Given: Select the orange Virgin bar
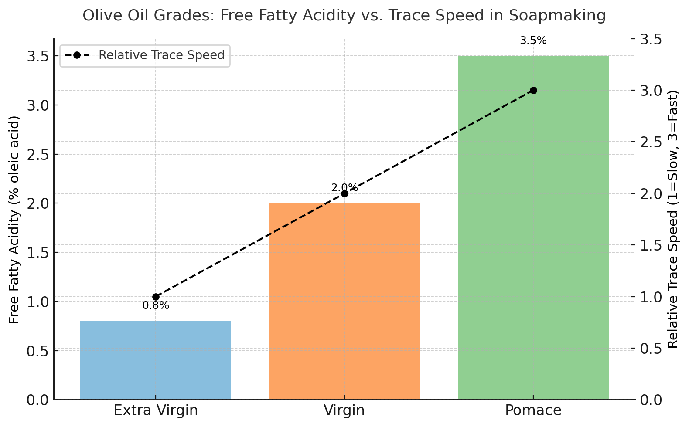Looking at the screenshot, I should tap(344, 301).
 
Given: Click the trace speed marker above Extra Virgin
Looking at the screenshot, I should tap(156, 297).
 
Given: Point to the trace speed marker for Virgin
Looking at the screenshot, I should tap(344, 193).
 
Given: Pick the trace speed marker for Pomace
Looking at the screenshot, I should tap(533, 90).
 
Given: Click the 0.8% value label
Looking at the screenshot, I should tap(156, 306).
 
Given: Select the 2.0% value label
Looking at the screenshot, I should tap(344, 188).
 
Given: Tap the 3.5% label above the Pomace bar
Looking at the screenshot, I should tap(533, 41).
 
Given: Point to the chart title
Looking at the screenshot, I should tap(344, 16).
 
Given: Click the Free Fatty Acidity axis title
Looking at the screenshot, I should tap(14, 220).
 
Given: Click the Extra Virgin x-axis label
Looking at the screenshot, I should tap(156, 410).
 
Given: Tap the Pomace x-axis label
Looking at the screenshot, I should tap(533, 410).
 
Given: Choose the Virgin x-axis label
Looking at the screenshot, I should tap(344, 410).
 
